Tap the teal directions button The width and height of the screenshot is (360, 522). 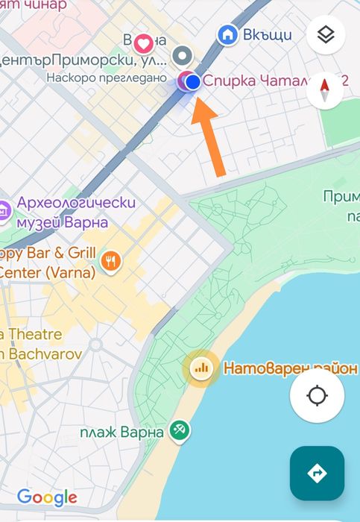(x=317, y=473)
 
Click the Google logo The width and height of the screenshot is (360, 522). (x=47, y=497)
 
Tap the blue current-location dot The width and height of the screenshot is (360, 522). (x=192, y=82)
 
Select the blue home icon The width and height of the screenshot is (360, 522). (x=227, y=34)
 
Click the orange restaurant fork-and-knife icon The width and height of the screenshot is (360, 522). (x=110, y=261)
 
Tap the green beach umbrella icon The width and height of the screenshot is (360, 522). (x=179, y=430)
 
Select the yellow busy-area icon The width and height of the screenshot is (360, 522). (x=200, y=368)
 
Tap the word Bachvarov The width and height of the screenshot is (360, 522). (x=44, y=353)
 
